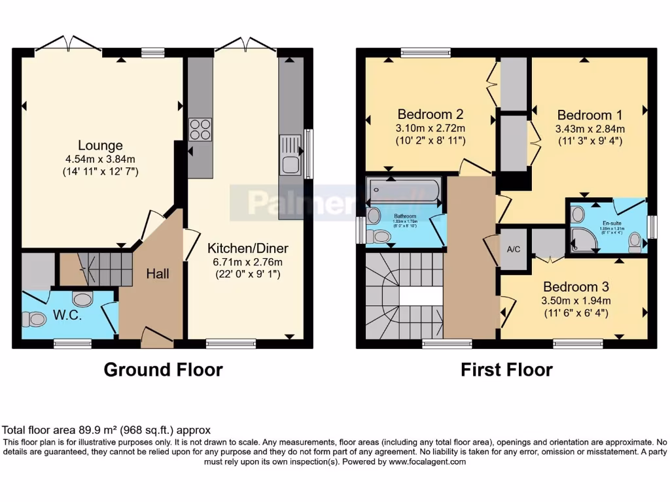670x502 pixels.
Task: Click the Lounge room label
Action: (100, 145)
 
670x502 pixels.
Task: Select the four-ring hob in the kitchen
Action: (200, 129)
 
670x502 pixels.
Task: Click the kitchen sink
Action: (289, 155)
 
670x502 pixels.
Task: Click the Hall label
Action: (157, 273)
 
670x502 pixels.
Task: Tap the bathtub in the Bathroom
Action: (402, 190)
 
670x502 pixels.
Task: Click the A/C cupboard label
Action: (514, 249)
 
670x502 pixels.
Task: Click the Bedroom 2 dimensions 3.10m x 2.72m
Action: (430, 127)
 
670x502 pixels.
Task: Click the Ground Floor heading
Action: (163, 370)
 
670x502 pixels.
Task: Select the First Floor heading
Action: (506, 370)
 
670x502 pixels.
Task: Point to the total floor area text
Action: (107, 430)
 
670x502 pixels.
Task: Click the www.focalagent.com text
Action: (427, 461)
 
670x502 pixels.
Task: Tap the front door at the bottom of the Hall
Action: (157, 337)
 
